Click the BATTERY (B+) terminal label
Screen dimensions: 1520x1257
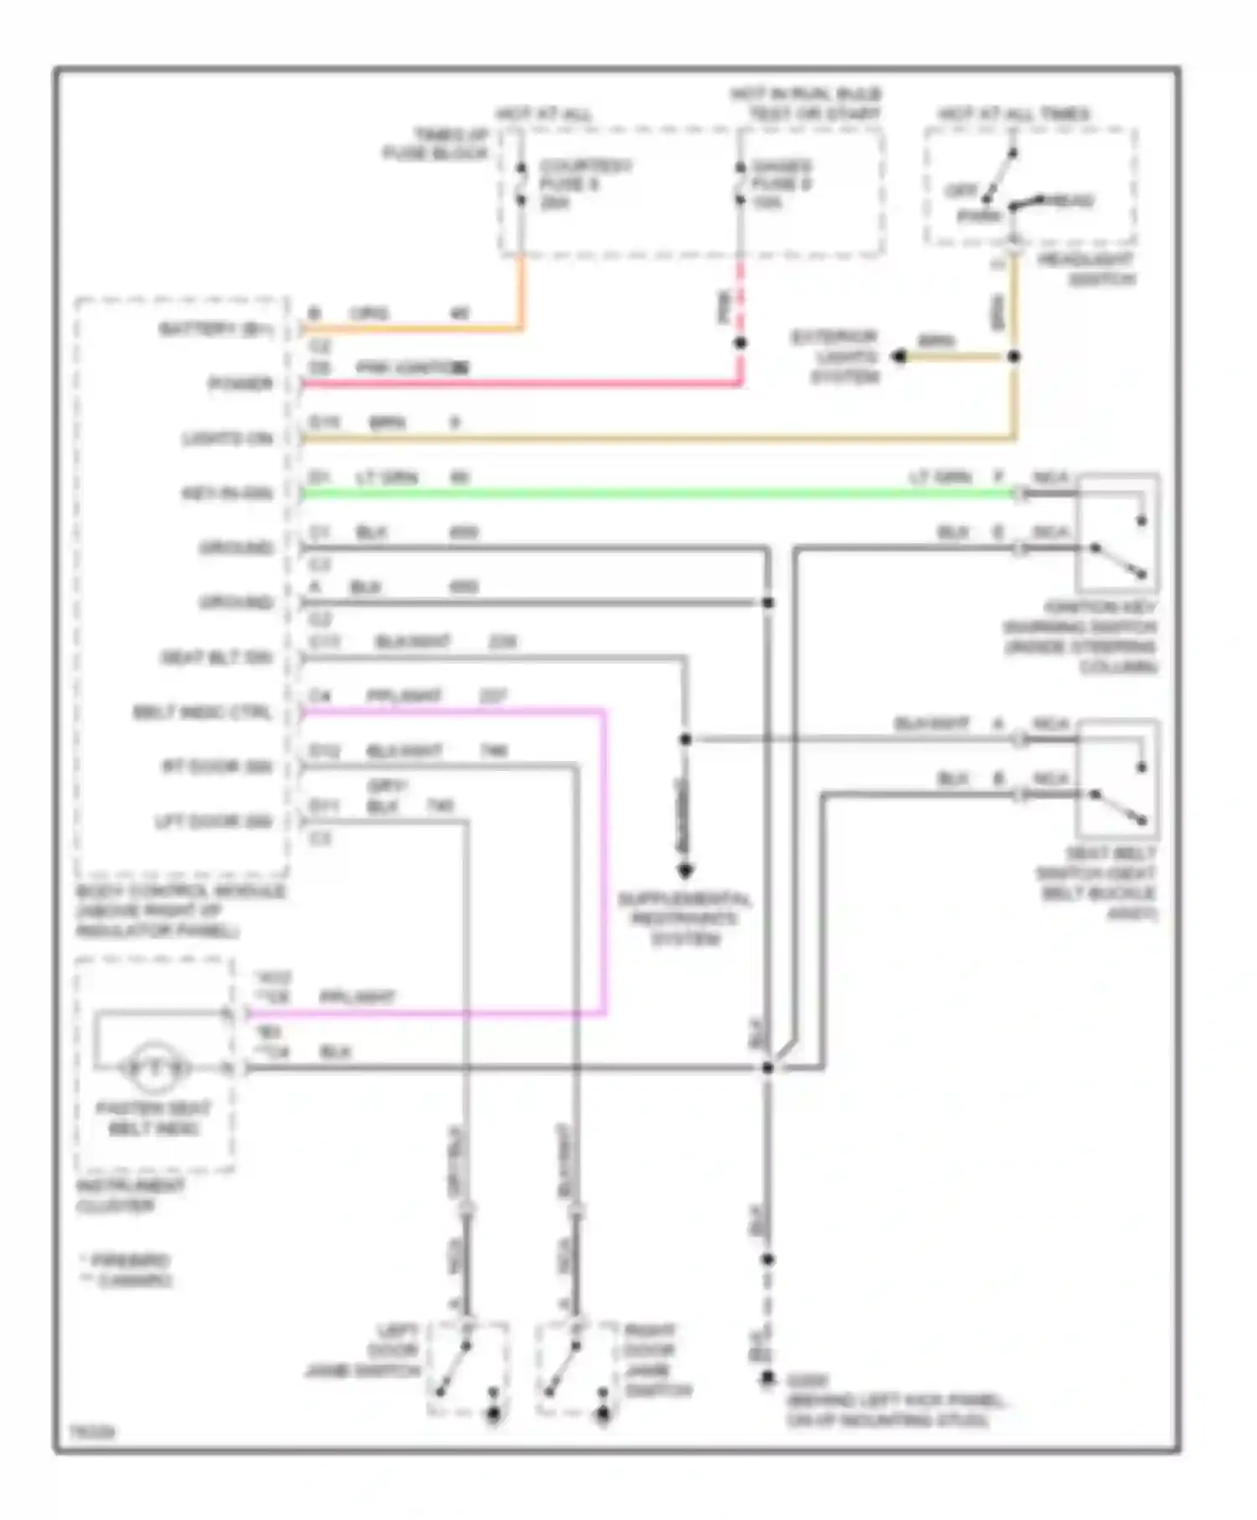tap(216, 329)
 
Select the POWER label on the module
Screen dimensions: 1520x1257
tap(241, 384)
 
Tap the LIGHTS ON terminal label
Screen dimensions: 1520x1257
tap(227, 439)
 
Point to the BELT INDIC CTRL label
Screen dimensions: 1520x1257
tap(202, 713)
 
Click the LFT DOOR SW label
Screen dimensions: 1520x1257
tap(214, 822)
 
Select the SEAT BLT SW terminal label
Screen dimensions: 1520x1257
tap(216, 658)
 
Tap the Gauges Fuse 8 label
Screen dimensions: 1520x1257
tap(781, 184)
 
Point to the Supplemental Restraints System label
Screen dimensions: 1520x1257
tap(685, 919)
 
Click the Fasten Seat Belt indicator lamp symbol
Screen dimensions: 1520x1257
tap(153, 1068)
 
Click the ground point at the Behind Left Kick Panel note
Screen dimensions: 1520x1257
tap(767, 1378)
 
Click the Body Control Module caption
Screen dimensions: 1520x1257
tap(180, 912)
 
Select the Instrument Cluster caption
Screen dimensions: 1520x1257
tap(130, 1196)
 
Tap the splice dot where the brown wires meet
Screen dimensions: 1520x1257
tap(1014, 357)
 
